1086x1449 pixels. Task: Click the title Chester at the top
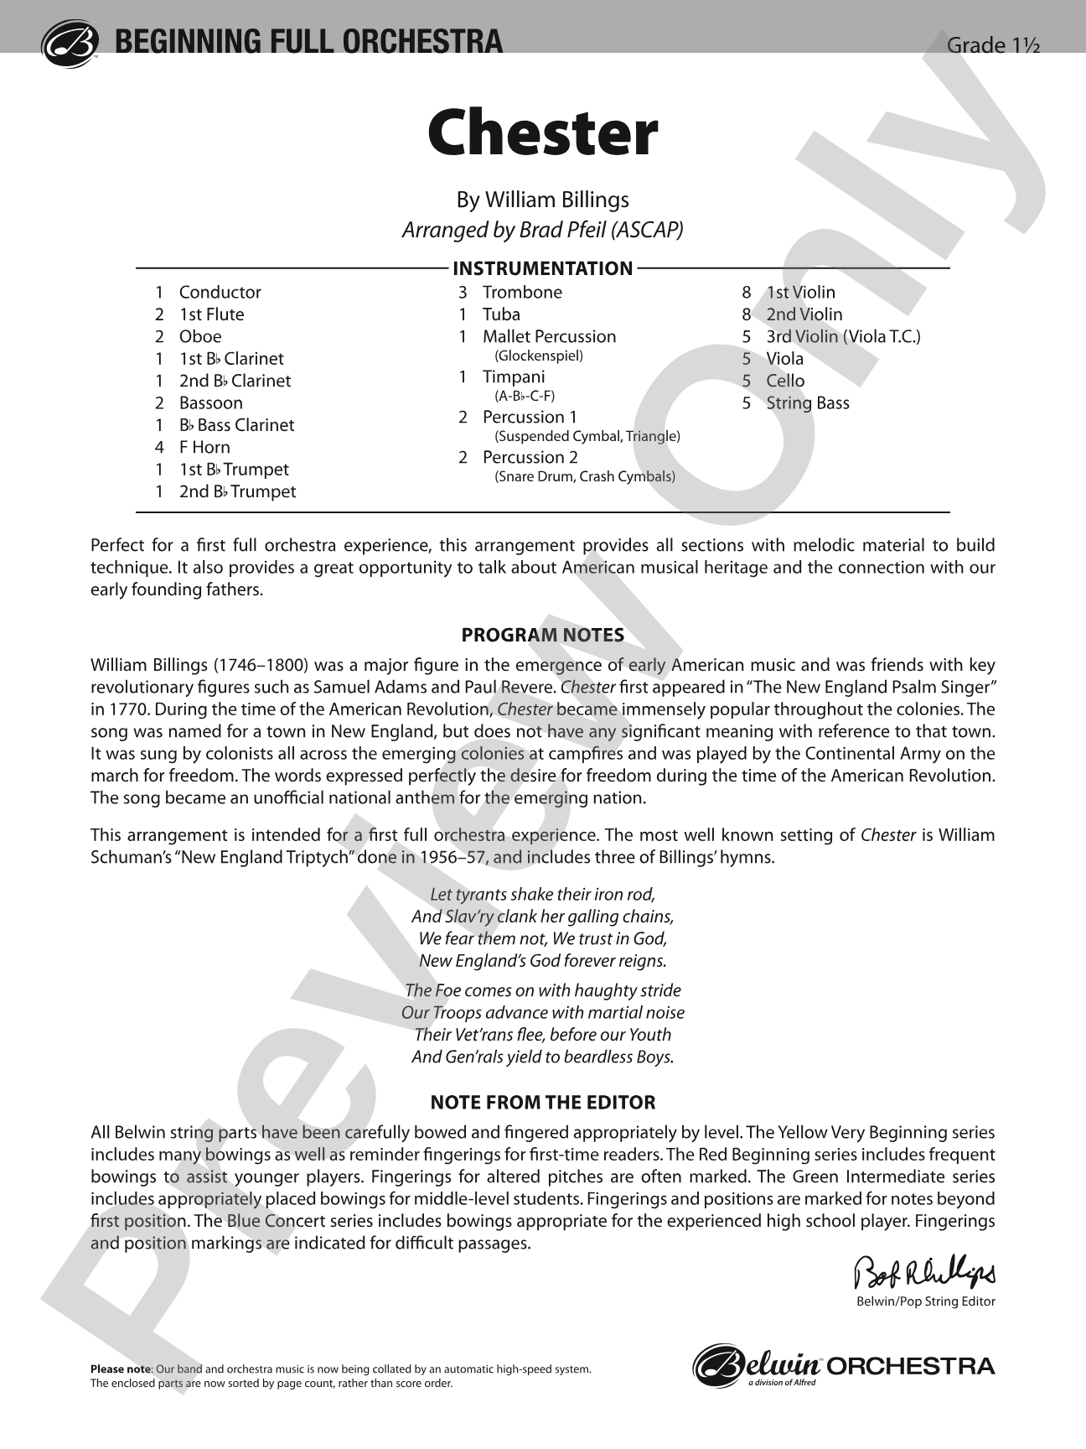pos(542,134)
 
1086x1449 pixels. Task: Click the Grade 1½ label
pos(992,45)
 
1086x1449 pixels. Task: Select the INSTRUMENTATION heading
pos(542,268)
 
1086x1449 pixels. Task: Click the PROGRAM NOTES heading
pos(542,635)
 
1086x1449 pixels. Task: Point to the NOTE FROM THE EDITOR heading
pos(542,1102)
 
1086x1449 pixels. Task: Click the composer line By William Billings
pos(542,200)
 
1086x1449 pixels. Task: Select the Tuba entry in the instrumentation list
pos(501,314)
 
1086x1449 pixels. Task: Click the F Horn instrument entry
pos(204,447)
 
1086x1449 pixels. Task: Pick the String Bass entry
pos(807,402)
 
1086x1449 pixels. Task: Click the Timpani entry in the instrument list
pos(513,377)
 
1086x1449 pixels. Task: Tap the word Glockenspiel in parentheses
pos(539,356)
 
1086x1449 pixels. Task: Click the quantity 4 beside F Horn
pos(159,447)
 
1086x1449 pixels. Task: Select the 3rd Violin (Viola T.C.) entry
pos(842,336)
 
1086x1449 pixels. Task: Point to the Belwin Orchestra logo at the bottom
pos(844,1366)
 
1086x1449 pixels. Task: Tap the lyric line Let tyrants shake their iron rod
pos(542,894)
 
